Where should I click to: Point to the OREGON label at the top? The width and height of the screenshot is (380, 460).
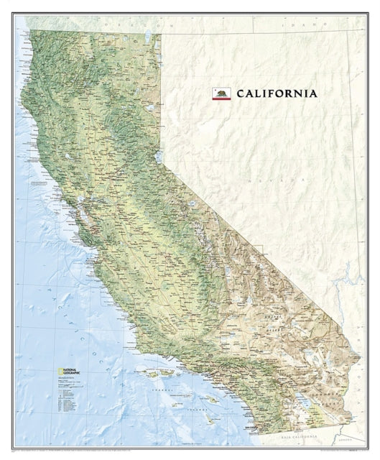tap(122, 24)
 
